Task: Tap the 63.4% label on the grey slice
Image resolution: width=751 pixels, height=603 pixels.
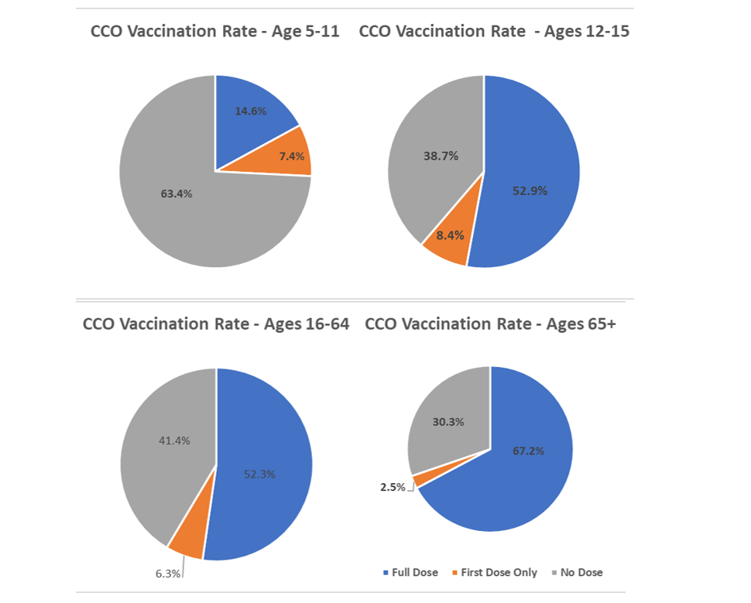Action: pyautogui.click(x=177, y=194)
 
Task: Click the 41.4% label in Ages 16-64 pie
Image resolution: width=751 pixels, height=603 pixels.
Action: pyautogui.click(x=174, y=440)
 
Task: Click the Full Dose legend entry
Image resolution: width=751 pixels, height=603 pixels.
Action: pyautogui.click(x=410, y=573)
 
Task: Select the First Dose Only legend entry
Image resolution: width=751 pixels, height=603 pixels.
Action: pyautogui.click(x=493, y=573)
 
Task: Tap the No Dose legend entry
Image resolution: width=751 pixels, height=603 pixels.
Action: pyautogui.click(x=577, y=573)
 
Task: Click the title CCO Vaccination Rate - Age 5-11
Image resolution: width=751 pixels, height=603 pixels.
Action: pyautogui.click(x=214, y=32)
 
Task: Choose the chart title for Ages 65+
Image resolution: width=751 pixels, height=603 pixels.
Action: pyautogui.click(x=489, y=324)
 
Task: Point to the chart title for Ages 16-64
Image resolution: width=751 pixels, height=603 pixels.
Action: pyautogui.click(x=216, y=324)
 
